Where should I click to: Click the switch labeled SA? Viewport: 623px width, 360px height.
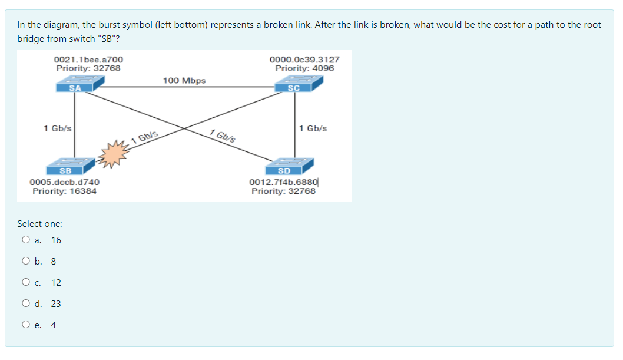click(75, 84)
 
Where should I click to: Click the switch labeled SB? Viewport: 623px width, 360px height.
click(73, 166)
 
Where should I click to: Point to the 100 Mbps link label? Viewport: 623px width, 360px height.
click(184, 80)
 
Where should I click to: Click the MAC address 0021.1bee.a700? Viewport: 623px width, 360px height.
click(88, 60)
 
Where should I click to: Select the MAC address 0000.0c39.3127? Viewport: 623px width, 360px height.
click(304, 60)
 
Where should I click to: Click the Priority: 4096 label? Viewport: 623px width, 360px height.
click(304, 68)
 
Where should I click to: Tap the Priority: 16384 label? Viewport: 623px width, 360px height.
click(65, 191)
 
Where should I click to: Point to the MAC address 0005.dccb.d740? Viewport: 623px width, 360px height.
click(65, 183)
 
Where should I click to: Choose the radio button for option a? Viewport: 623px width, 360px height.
click(25, 240)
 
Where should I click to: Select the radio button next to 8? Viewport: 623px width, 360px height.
click(25, 261)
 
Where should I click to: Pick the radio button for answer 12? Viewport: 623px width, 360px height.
click(25, 282)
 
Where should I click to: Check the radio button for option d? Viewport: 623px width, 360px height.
click(25, 303)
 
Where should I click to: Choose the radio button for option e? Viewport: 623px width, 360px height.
click(25, 325)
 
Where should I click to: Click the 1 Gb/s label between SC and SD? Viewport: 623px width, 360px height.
click(313, 128)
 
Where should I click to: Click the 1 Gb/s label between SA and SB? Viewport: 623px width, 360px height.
click(58, 128)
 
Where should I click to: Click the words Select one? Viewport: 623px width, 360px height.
click(39, 223)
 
